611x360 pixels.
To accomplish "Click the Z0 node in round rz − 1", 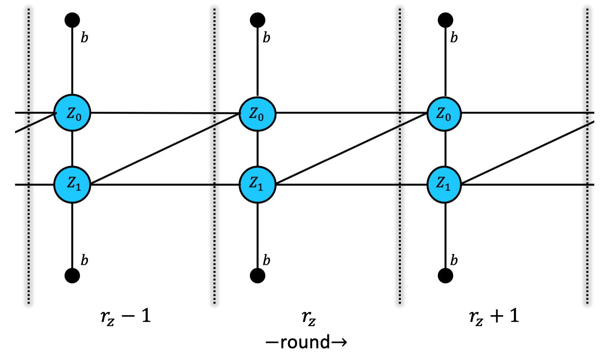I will [x=72, y=113].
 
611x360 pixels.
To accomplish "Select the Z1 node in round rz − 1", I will [x=72, y=185].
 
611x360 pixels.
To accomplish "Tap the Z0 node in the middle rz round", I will [x=257, y=113].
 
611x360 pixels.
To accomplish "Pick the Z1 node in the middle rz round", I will [x=257, y=185].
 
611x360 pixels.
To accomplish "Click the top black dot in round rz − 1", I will [x=72, y=20].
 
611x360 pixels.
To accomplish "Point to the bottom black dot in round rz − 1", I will [x=72, y=275].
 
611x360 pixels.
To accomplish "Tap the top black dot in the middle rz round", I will [x=257, y=20].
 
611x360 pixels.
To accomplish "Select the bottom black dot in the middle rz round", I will [x=257, y=275].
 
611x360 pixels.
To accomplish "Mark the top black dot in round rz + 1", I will [x=445, y=20].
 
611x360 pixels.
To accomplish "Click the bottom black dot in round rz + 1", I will [x=445, y=275].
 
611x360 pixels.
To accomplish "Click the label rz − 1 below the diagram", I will [x=126, y=316].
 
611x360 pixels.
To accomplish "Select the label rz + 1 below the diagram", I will [x=494, y=316].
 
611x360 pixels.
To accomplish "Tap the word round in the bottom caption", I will [x=305, y=342].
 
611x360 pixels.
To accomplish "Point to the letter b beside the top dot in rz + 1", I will [x=454, y=38].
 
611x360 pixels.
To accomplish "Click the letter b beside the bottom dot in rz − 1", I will [x=84, y=260].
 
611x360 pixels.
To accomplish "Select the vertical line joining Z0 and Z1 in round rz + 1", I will [x=444, y=149].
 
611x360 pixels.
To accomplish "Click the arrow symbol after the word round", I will [x=339, y=343].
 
